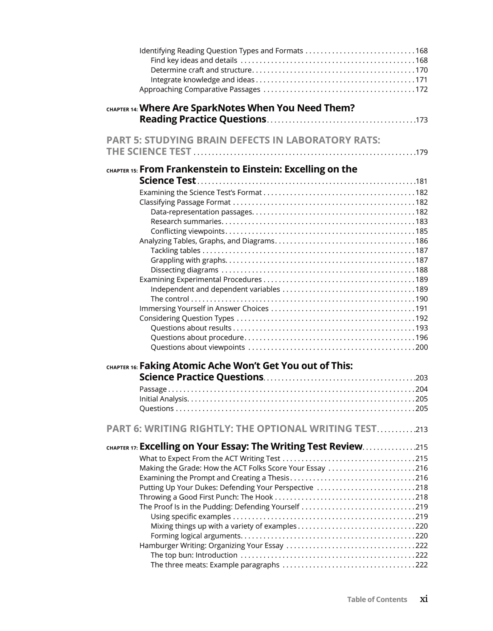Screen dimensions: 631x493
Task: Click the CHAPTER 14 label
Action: coord(122,109)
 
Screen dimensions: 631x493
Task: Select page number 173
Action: coord(422,120)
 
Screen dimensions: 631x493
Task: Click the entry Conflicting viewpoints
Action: coord(187,231)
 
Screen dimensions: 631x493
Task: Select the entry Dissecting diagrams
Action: coord(184,270)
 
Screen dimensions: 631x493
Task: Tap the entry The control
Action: coord(169,299)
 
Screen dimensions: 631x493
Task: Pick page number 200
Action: coord(422,347)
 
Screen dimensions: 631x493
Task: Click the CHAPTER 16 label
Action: coord(122,367)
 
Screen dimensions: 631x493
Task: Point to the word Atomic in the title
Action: coord(189,366)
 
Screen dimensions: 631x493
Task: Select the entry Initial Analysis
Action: coord(163,399)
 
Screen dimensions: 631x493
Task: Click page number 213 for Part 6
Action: coord(422,429)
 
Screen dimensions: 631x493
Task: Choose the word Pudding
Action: coord(218,507)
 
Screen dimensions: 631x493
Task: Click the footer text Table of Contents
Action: coord(377,599)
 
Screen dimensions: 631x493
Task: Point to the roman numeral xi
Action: coord(424,599)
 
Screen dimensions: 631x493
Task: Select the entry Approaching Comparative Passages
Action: coord(200,89)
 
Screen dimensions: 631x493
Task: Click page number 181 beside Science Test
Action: coord(422,181)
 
